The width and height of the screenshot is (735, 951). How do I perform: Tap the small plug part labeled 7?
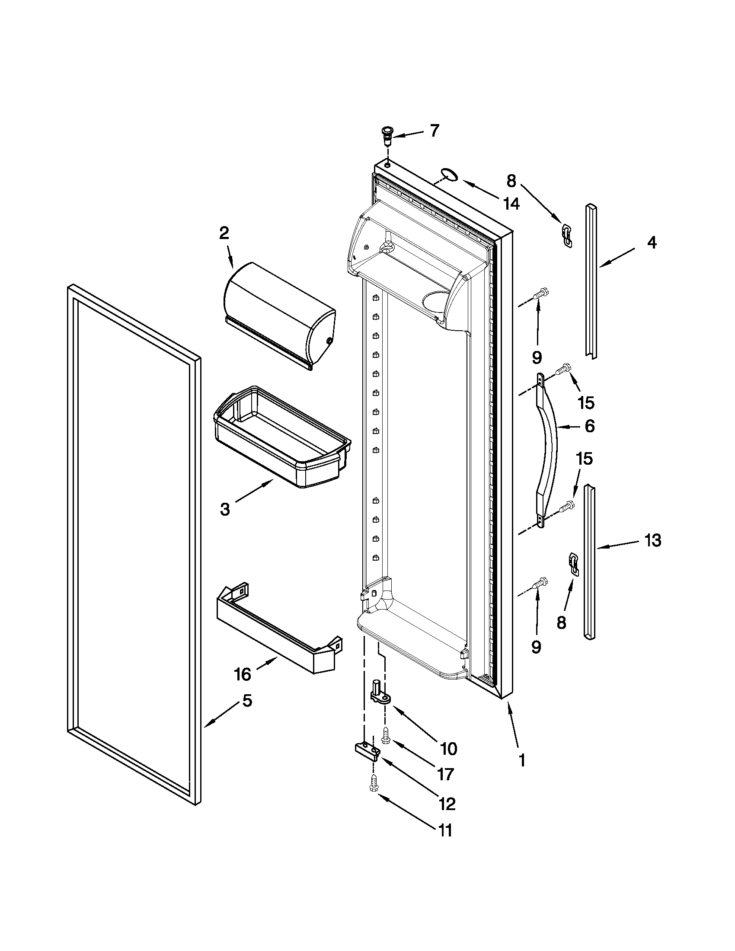click(386, 137)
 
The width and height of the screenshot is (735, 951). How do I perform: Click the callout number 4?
click(652, 243)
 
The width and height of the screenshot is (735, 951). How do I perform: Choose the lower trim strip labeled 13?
click(589, 562)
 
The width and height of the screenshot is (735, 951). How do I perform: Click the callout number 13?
click(653, 540)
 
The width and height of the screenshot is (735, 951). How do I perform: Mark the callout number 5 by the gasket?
click(247, 701)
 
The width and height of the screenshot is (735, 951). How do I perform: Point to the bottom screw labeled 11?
click(373, 787)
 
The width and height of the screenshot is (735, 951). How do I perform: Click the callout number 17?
click(446, 774)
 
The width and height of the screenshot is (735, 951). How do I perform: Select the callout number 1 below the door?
click(522, 760)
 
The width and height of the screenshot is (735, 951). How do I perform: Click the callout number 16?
click(243, 674)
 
